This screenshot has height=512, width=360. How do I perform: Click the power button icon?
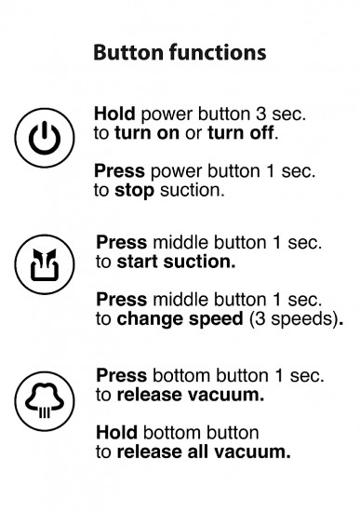pyautogui.click(x=45, y=138)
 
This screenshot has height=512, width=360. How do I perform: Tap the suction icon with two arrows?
pyautogui.click(x=45, y=264)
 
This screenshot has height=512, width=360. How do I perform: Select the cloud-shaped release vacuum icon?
pyautogui.click(x=45, y=401)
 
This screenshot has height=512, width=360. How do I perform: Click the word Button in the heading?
pyautogui.click(x=128, y=52)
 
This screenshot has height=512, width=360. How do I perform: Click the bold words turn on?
pyautogui.click(x=147, y=133)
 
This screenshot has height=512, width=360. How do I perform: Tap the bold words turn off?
pyautogui.click(x=241, y=133)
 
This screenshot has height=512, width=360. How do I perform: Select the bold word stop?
pyautogui.click(x=135, y=191)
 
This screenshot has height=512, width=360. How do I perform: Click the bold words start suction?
pyautogui.click(x=176, y=262)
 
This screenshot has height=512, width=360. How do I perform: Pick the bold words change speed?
pyautogui.click(x=180, y=319)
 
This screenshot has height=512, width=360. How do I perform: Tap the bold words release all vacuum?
pyautogui.click(x=204, y=451)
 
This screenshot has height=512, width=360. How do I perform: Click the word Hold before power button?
pyautogui.click(x=114, y=114)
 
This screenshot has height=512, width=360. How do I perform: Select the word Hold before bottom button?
pyautogui.click(x=116, y=433)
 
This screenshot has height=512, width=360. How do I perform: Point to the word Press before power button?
pyautogui.click(x=119, y=171)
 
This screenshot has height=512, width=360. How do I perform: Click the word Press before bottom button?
pyautogui.click(x=122, y=375)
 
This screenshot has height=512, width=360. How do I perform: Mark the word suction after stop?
pyautogui.click(x=192, y=191)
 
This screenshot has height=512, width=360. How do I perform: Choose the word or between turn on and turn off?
pyautogui.click(x=193, y=134)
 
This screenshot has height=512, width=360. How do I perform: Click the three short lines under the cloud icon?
pyautogui.click(x=45, y=412)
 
